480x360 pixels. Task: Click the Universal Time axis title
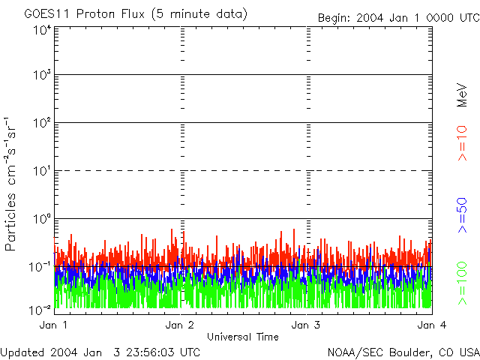tap(242, 337)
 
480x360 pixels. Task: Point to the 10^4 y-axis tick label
tap(40, 29)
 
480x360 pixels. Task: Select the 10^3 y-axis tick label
tap(40, 75)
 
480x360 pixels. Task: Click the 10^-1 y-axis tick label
tap(40, 266)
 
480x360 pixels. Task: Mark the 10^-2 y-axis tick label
tap(40, 309)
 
